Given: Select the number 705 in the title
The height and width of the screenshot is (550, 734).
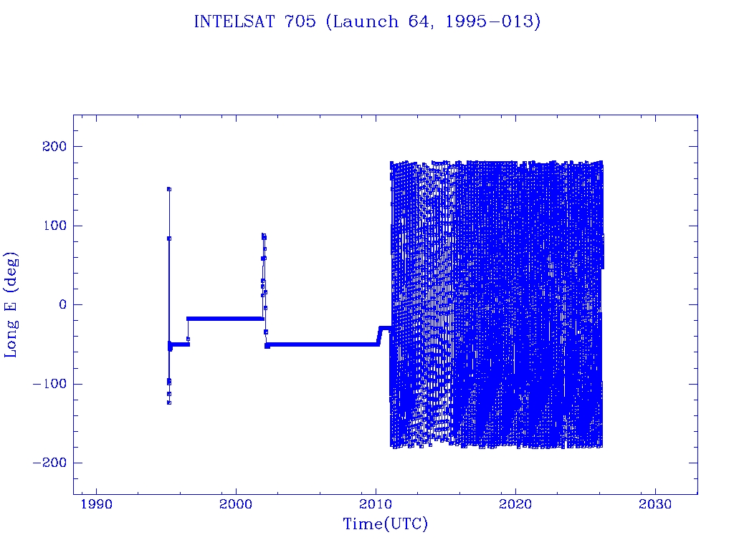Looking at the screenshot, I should click(x=302, y=21).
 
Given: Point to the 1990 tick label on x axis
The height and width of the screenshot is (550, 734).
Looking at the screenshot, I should click(x=97, y=505).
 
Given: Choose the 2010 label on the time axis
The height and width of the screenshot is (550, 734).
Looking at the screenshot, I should click(x=376, y=505).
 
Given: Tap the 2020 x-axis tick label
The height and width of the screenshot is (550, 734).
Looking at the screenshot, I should click(x=516, y=505).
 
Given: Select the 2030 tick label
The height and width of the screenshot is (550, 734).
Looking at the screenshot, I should click(x=655, y=505).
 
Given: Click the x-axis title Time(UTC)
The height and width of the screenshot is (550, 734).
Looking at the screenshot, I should click(x=386, y=524).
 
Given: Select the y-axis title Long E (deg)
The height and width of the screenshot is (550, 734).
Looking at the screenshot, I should click(x=11, y=304).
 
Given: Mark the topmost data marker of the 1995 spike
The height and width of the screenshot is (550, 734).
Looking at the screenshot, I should click(x=169, y=189).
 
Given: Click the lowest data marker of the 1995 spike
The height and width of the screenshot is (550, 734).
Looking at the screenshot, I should click(x=169, y=402).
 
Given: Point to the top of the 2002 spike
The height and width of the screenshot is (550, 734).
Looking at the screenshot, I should click(x=263, y=235).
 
